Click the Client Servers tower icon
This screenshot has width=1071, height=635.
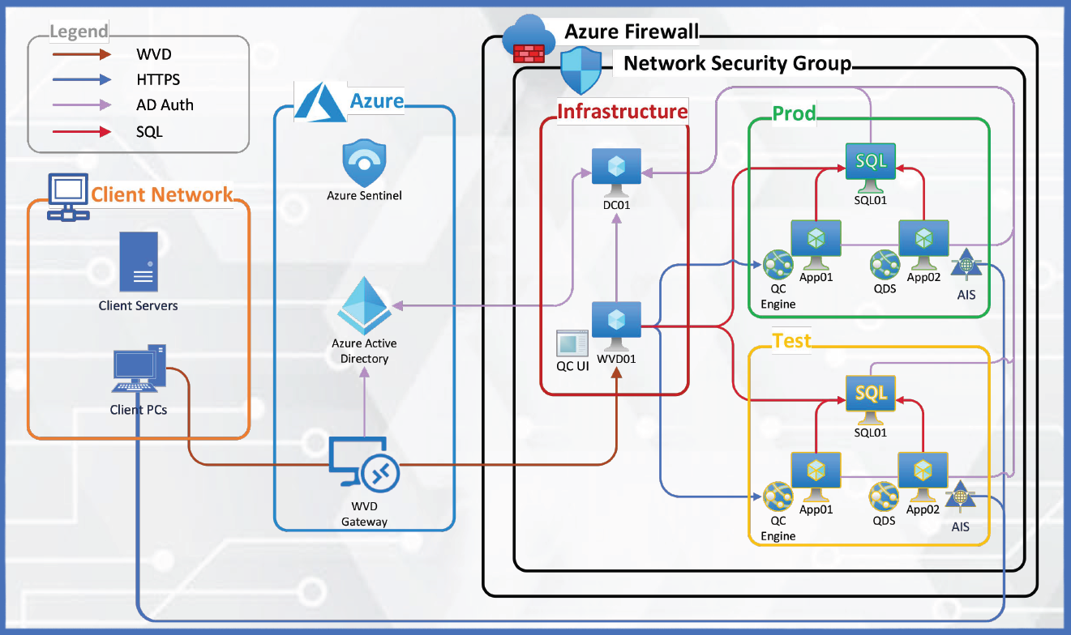[139, 262]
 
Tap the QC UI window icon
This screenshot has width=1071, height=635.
[572, 344]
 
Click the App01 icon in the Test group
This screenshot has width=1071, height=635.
[816, 475]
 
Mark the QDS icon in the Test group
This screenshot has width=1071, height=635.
[883, 495]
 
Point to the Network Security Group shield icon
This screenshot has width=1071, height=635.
[581, 70]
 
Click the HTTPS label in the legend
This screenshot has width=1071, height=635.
[158, 79]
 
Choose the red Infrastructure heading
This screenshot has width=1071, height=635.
[622, 111]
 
